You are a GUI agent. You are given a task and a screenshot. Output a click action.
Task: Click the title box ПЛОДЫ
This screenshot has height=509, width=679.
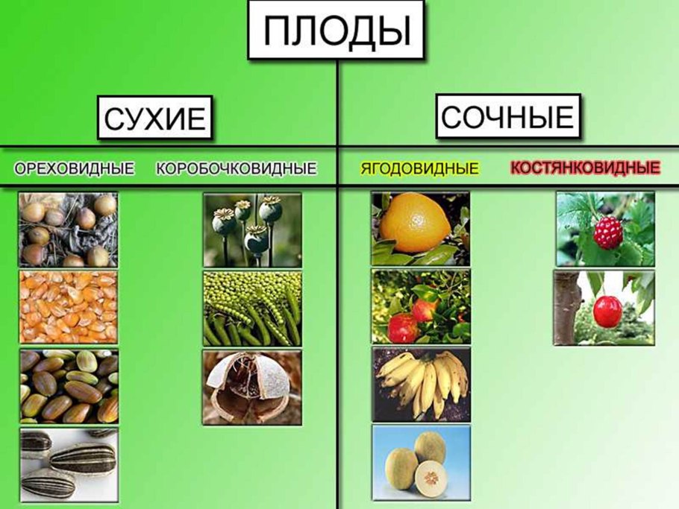click(337, 31)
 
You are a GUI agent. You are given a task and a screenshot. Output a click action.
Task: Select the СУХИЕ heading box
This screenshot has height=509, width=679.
click(154, 118)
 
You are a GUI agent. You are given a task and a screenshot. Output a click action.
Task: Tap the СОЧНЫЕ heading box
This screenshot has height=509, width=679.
click(508, 116)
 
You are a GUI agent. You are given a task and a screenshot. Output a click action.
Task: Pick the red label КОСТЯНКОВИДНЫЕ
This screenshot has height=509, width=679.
click(585, 168)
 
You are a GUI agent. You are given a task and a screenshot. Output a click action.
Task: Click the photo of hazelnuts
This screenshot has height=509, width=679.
click(68, 230)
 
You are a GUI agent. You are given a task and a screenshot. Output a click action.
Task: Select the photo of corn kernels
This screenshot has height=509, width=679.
click(68, 306)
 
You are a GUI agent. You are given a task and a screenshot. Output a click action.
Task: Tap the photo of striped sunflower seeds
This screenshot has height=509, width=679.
click(68, 464)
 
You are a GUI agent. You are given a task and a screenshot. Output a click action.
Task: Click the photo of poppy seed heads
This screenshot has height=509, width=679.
click(252, 230)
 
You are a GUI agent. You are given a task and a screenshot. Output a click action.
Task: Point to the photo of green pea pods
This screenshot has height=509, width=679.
click(252, 308)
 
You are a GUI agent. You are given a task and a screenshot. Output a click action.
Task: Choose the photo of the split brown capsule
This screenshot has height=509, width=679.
click(252, 387)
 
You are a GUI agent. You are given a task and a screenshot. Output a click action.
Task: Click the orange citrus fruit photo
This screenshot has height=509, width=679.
click(421, 228)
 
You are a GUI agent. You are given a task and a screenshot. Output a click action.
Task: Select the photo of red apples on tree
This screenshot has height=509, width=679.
click(421, 306)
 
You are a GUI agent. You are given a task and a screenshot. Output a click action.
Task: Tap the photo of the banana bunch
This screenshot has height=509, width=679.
click(421, 384)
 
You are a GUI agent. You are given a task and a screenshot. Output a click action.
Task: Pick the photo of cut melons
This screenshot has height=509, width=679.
click(421, 462)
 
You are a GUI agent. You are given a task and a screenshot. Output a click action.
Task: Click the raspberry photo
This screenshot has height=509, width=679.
click(605, 229)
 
